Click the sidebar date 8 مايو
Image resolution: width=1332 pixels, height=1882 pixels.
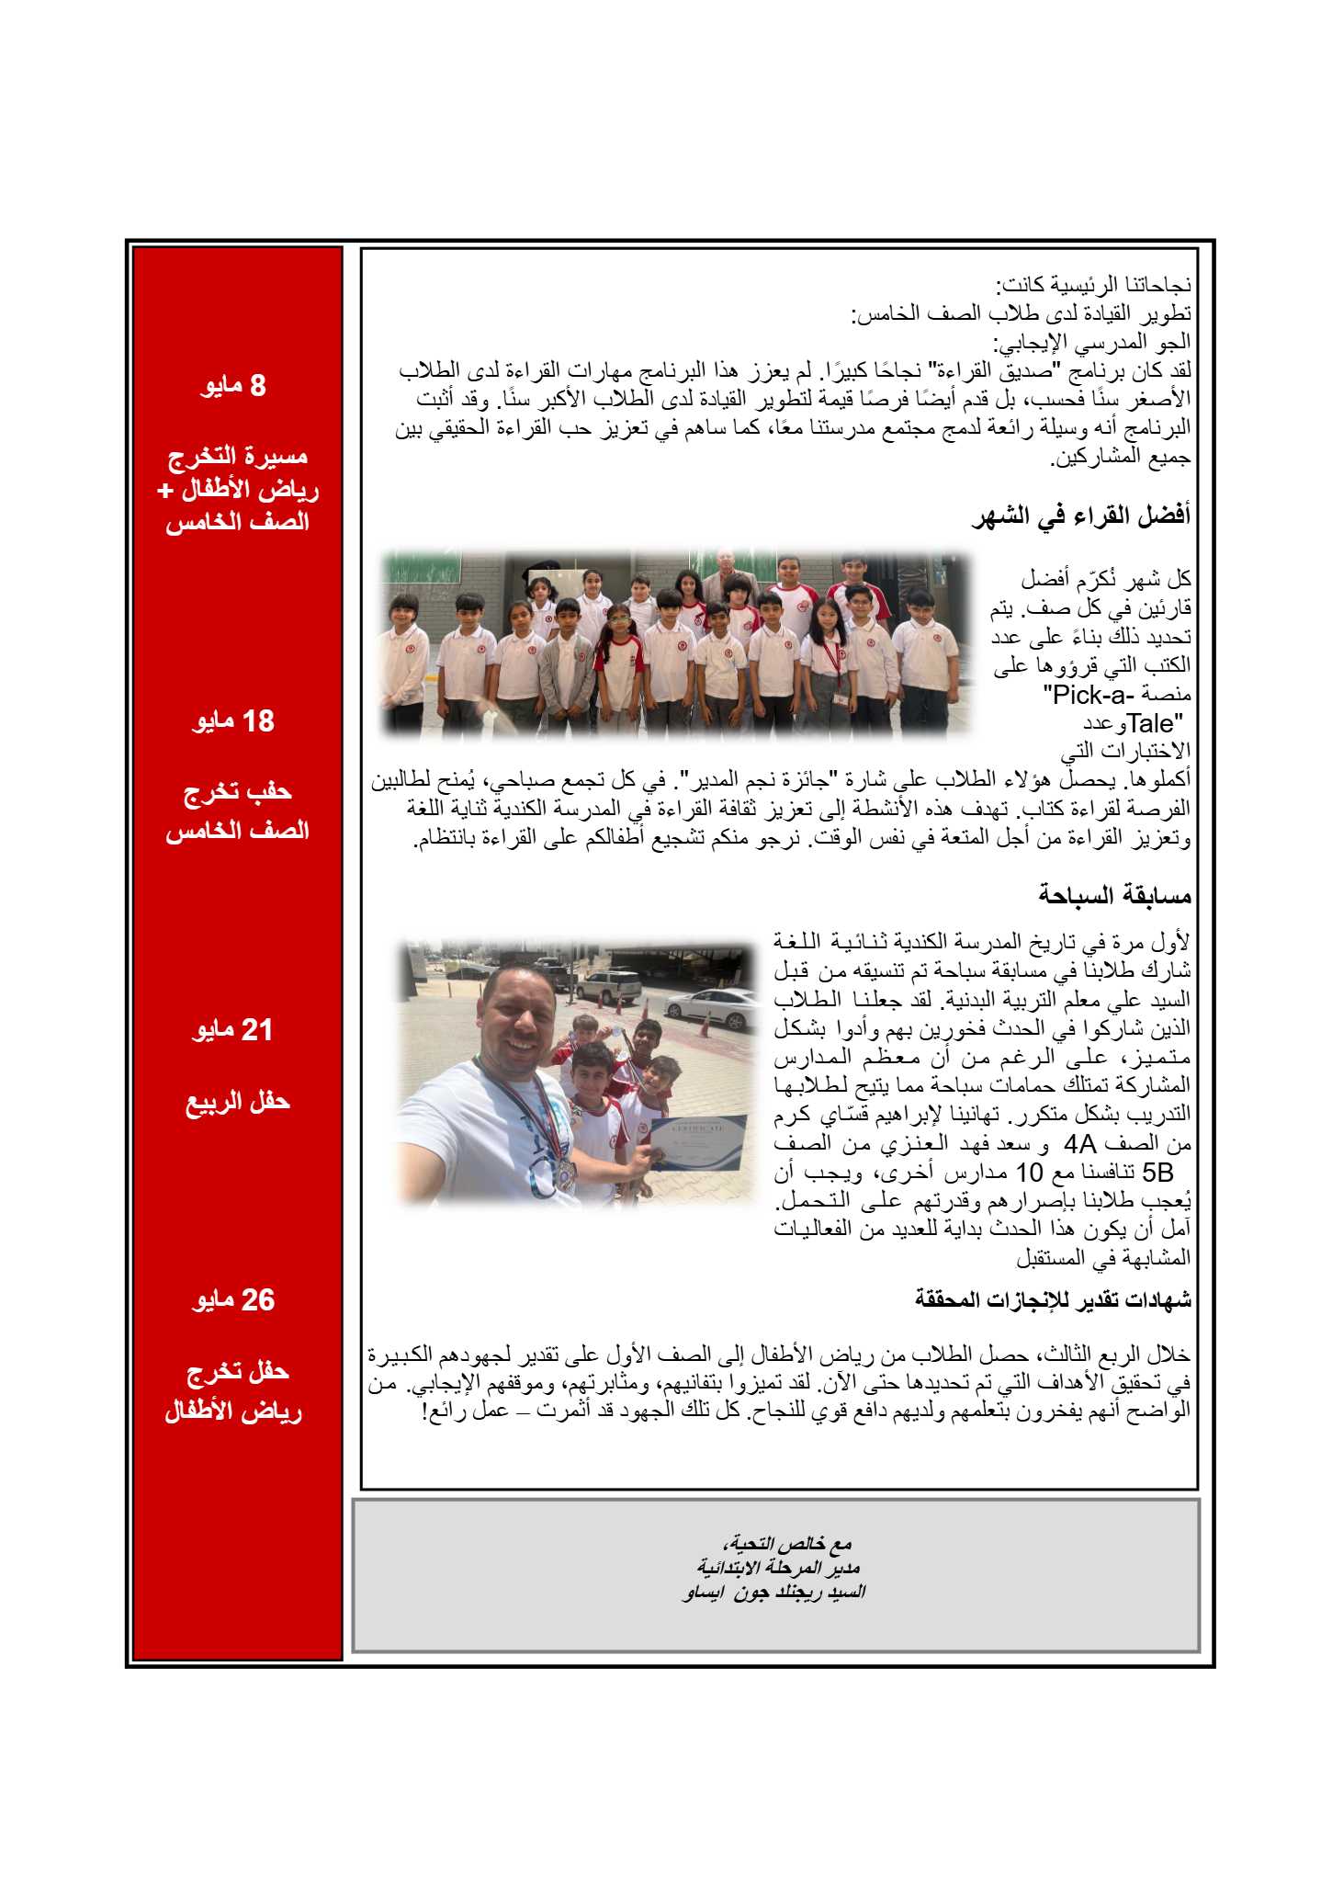(233, 385)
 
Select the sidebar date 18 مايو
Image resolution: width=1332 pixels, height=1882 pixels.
(233, 721)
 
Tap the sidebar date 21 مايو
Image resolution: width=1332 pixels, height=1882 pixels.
(233, 1030)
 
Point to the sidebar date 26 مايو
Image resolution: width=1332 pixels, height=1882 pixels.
(233, 1300)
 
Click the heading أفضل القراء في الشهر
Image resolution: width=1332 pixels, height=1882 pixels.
(1080, 516)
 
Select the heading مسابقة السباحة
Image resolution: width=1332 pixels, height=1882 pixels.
(1114, 894)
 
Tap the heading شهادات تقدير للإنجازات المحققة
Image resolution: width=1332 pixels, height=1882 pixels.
(1053, 1299)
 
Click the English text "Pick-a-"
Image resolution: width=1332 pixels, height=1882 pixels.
(1089, 695)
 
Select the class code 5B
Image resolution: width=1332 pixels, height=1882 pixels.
(1158, 1173)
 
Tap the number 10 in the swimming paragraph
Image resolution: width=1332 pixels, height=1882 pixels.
(1030, 1173)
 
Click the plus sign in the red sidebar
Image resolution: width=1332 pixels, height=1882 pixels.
(165, 491)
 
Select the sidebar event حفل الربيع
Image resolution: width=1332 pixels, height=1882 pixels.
(237, 1101)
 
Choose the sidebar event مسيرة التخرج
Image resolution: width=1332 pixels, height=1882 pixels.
(237, 456)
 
